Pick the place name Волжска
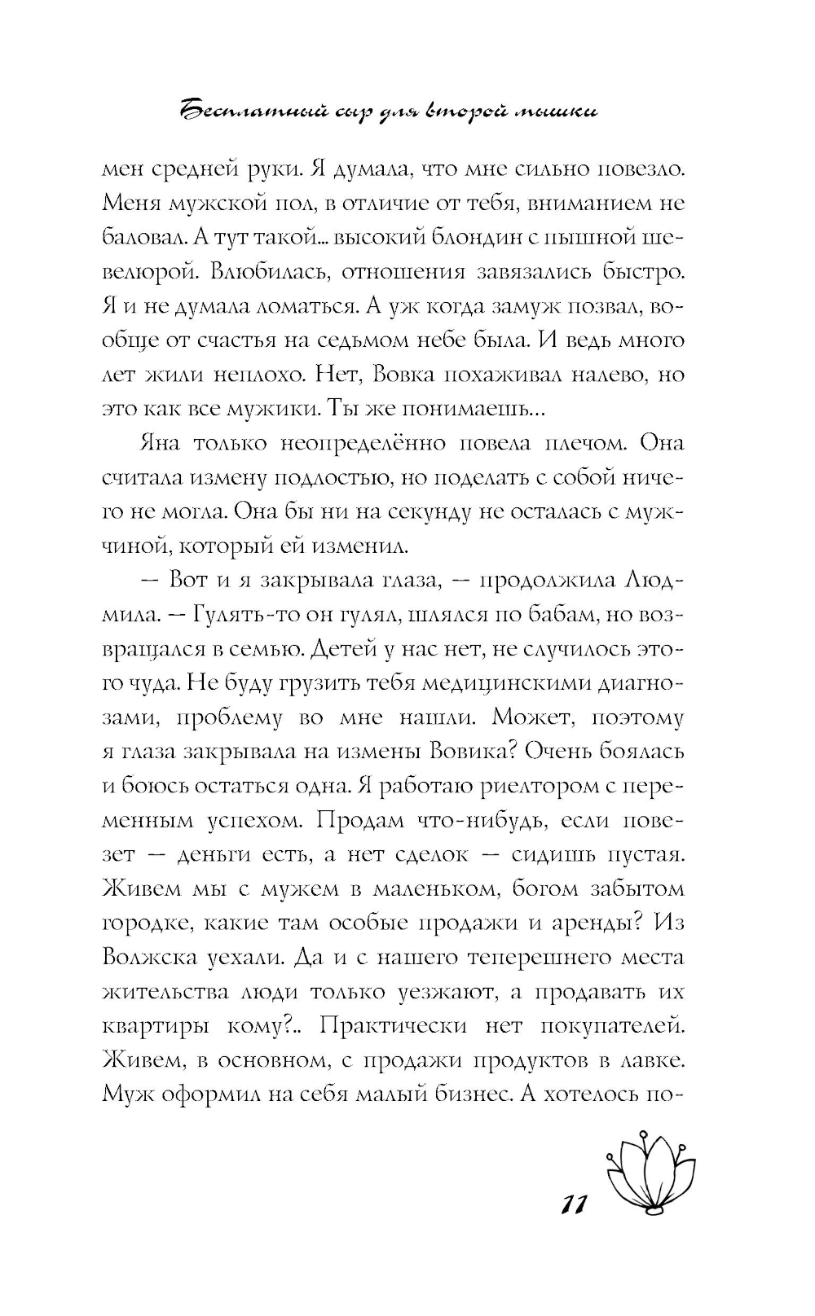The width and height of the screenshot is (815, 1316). click(150, 958)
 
